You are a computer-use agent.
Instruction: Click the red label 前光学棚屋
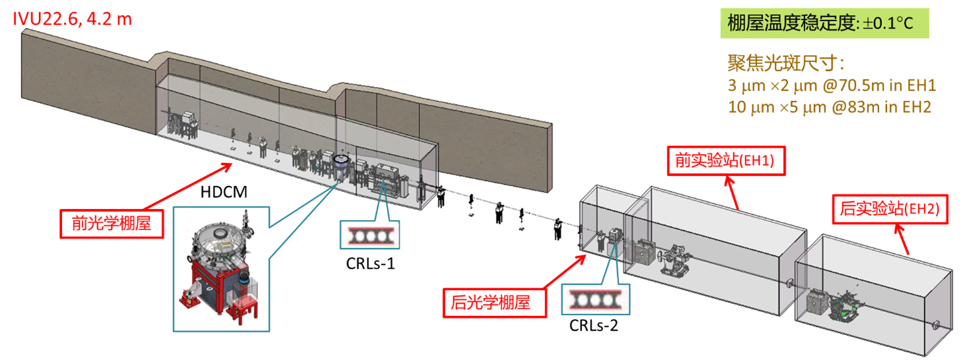(111, 223)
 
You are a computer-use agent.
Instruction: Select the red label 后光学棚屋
(491, 302)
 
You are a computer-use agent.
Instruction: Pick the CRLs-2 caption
(594, 324)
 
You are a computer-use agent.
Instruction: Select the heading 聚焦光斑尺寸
(785, 64)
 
